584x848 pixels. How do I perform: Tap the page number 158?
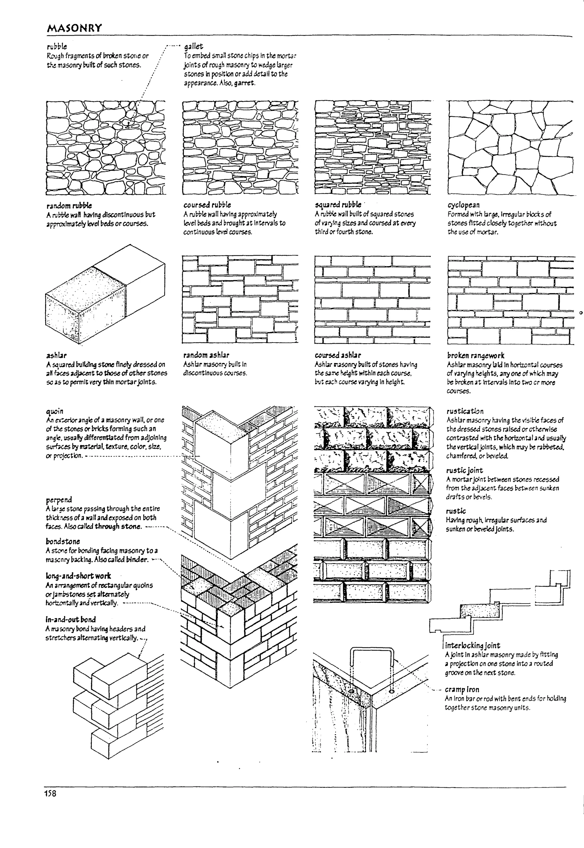tap(50, 793)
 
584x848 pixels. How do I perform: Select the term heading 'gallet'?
tap(193, 46)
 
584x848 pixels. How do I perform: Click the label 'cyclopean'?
tap(463, 205)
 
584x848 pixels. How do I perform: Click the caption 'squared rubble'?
tap(338, 205)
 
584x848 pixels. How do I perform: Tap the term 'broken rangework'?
tap(475, 355)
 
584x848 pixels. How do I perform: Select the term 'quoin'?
tap(54, 411)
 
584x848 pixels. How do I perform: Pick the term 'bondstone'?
tap(62, 541)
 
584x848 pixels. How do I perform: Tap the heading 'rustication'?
tap(465, 411)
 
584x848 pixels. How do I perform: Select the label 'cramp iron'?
tap(462, 689)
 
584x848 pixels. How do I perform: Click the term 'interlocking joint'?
tap(473, 645)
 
